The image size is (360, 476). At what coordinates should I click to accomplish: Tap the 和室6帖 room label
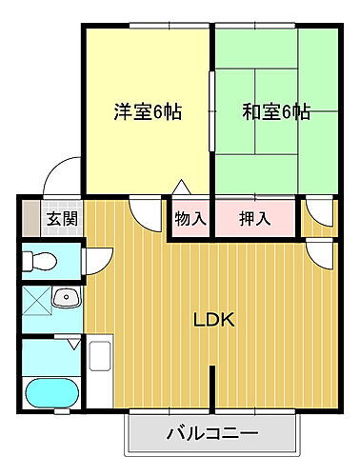click(x=275, y=111)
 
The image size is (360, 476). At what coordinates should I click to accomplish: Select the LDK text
click(x=215, y=319)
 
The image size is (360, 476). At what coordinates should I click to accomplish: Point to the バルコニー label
click(x=211, y=437)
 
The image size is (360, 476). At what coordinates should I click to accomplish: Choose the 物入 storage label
click(x=190, y=218)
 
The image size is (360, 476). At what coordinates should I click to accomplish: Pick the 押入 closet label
click(x=254, y=218)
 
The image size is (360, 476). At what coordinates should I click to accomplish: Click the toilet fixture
click(x=40, y=260)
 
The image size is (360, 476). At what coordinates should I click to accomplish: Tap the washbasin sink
click(x=66, y=299)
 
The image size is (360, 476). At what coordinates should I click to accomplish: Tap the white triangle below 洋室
click(x=179, y=188)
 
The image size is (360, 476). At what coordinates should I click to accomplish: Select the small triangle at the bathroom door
click(x=71, y=337)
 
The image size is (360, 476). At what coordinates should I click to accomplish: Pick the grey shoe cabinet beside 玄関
click(x=31, y=218)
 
